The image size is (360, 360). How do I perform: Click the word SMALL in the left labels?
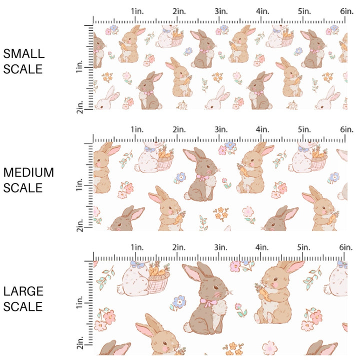(23, 53)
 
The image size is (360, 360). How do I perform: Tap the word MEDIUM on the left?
(28, 172)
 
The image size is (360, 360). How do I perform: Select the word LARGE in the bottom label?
(23, 291)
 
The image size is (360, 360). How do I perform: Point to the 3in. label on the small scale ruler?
(220, 11)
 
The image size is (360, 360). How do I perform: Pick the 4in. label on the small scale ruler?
(263, 11)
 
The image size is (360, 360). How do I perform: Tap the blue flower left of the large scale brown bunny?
(178, 302)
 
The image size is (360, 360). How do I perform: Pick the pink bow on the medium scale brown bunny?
(202, 176)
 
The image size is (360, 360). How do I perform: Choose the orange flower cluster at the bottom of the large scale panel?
(231, 347)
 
